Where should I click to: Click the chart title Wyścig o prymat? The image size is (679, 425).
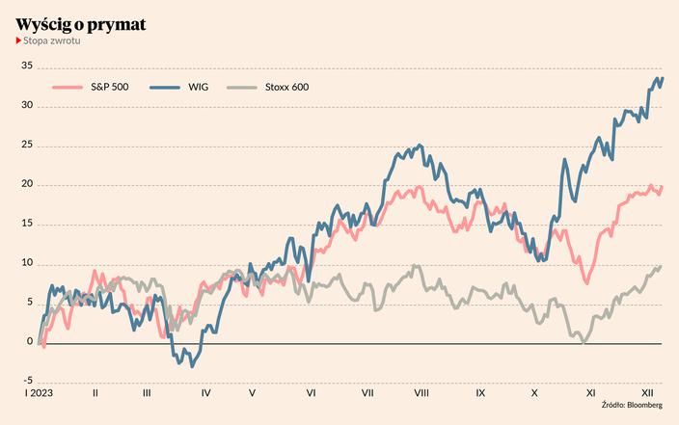tap(81, 24)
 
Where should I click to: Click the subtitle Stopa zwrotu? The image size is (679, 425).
tap(52, 42)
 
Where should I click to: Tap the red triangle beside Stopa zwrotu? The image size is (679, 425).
tap(18, 42)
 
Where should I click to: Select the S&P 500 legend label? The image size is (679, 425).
tap(109, 88)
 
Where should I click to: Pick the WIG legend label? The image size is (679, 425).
tap(211, 88)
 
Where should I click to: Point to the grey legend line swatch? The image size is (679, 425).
tap(241, 88)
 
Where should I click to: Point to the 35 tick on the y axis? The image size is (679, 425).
tap(27, 66)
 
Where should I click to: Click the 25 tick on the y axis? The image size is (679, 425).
tap(27, 145)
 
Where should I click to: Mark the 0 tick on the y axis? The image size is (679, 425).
tap(30, 342)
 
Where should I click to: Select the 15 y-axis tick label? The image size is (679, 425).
tap(27, 224)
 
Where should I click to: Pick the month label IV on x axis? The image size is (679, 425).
tap(206, 393)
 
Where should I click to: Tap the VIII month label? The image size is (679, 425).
tap(421, 393)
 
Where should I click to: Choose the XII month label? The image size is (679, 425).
tap(648, 393)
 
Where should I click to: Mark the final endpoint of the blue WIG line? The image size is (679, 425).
tap(662, 78)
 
